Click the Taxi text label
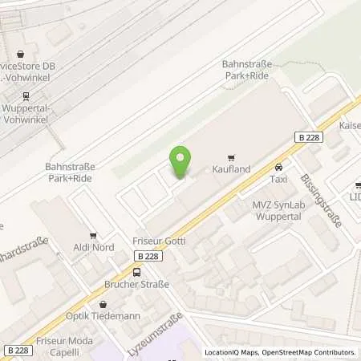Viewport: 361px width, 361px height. pos(278,179)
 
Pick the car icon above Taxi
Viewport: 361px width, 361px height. pos(278,167)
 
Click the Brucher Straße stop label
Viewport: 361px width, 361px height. pos(136,284)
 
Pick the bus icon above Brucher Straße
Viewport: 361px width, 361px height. pos(136,272)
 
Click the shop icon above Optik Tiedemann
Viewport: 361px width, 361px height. pos(103,304)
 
